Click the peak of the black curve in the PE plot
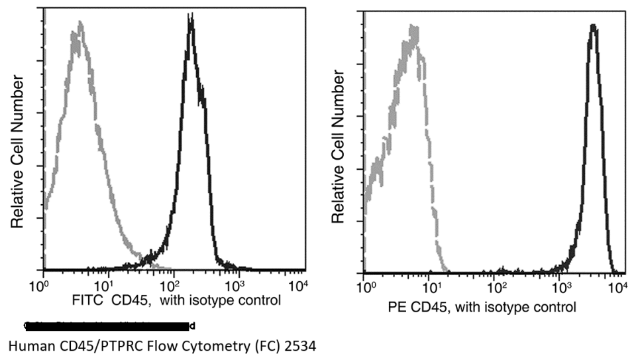pyautogui.click(x=593, y=27)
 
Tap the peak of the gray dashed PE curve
pyautogui.click(x=415, y=28)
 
